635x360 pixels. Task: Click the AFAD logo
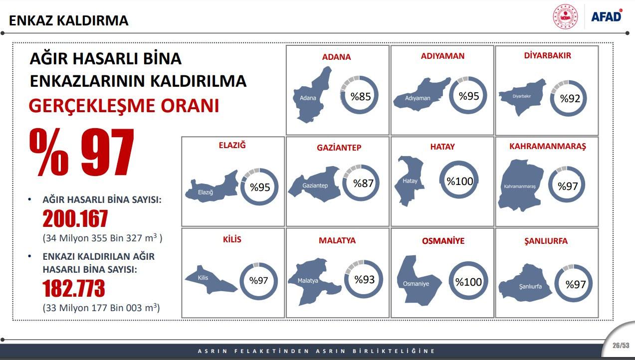tap(607, 16)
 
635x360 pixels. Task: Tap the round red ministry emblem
tap(565, 16)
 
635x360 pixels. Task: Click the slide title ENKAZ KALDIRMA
tap(69, 20)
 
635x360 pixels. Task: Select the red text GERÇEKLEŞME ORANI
tap(124, 106)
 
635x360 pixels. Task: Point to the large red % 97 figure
tap(82, 152)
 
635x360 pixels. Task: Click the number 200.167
tap(75, 218)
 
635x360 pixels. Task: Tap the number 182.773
tap(74, 288)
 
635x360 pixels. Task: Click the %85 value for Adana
tap(361, 97)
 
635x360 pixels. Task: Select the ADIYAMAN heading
tap(442, 56)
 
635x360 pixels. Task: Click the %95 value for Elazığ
tap(260, 187)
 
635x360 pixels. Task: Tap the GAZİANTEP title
tap(339, 148)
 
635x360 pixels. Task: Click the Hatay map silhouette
tap(410, 180)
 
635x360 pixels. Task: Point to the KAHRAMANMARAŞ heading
tap(547, 146)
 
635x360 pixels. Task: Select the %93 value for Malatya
tap(364, 280)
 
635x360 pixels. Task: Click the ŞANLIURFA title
tap(546, 241)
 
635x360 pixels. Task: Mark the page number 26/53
tap(621, 345)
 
